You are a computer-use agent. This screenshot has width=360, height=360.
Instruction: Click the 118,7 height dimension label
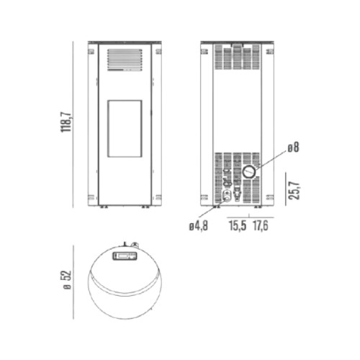coord(66,122)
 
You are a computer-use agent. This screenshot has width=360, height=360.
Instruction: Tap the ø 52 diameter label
coord(68,280)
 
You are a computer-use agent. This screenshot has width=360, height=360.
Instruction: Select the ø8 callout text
coord(293,147)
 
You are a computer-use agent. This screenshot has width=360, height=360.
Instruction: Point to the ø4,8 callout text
coord(199,226)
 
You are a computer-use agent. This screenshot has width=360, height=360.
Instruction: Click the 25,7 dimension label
coord(294,191)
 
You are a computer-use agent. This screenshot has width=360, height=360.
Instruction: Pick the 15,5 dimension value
coord(238,225)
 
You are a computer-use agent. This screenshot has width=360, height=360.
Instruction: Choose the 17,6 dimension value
coord(261,225)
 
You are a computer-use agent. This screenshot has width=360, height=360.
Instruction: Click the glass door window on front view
coord(125,129)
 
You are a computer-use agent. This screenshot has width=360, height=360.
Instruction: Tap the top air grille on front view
coord(125,60)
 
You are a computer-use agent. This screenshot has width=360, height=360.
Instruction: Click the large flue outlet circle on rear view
coord(249,172)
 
